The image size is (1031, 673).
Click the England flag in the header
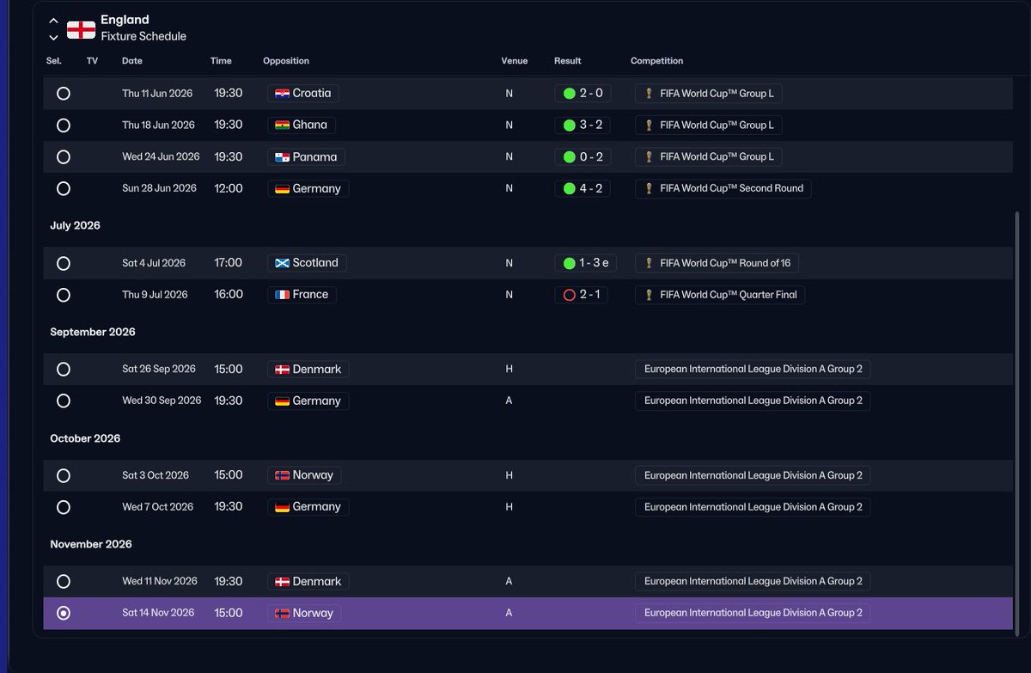coord(81,30)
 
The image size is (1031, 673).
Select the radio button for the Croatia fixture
coord(64,94)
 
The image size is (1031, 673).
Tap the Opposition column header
coord(286,61)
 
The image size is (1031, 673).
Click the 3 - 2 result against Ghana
coord(591,125)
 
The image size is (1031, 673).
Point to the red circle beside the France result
coord(570,295)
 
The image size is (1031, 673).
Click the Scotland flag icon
coord(282,263)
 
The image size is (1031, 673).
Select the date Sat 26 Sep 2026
coord(159,370)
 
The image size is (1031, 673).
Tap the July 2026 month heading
coord(75,225)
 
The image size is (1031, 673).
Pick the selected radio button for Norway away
coord(64,613)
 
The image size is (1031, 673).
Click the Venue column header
coord(515,61)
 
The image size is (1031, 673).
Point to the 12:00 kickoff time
coord(229,188)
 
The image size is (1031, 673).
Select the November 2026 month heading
coord(91,544)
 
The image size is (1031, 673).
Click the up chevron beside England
coord(53,21)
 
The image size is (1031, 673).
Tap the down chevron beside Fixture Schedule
coord(53,38)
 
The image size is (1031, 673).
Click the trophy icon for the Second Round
coord(649,188)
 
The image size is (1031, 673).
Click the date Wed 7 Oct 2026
coord(157,507)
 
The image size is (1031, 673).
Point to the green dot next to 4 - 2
coord(570,188)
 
